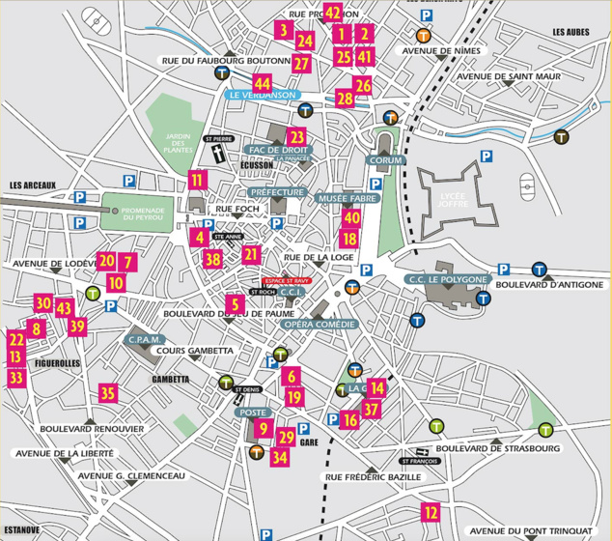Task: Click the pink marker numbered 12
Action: click(431, 513)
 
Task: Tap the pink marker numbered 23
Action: click(296, 137)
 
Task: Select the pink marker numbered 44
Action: click(236, 83)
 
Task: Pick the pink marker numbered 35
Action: click(108, 393)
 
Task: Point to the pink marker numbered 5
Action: click(233, 303)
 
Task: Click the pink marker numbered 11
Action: click(197, 178)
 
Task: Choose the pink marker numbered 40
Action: click(350, 218)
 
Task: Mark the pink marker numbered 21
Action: click(252, 255)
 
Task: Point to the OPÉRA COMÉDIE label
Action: click(315, 324)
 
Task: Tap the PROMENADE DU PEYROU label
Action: click(140, 213)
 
